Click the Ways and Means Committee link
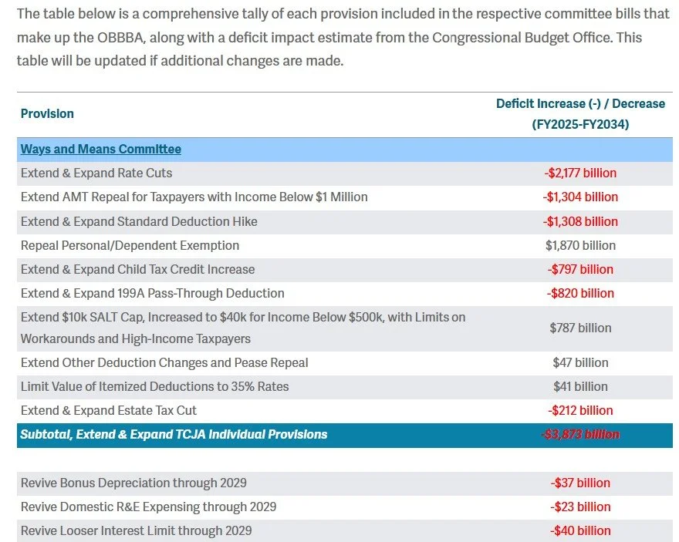coord(101,150)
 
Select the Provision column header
coord(47,113)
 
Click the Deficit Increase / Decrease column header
coord(580,113)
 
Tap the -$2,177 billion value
coord(580,173)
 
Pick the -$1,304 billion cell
coord(580,197)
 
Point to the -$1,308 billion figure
coord(580,221)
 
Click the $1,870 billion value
coord(580,245)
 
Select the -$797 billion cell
coord(580,269)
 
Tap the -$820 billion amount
coord(580,293)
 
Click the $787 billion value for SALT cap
coord(580,328)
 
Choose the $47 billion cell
coord(580,362)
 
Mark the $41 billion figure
coord(580,386)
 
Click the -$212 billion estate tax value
coord(580,410)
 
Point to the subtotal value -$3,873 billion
coord(580,434)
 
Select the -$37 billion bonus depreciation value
coord(580,483)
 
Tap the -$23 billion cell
coord(580,507)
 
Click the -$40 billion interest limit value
coord(580,530)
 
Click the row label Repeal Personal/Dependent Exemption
coord(130,245)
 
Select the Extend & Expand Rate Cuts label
coord(96,173)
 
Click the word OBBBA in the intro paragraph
coord(81,37)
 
